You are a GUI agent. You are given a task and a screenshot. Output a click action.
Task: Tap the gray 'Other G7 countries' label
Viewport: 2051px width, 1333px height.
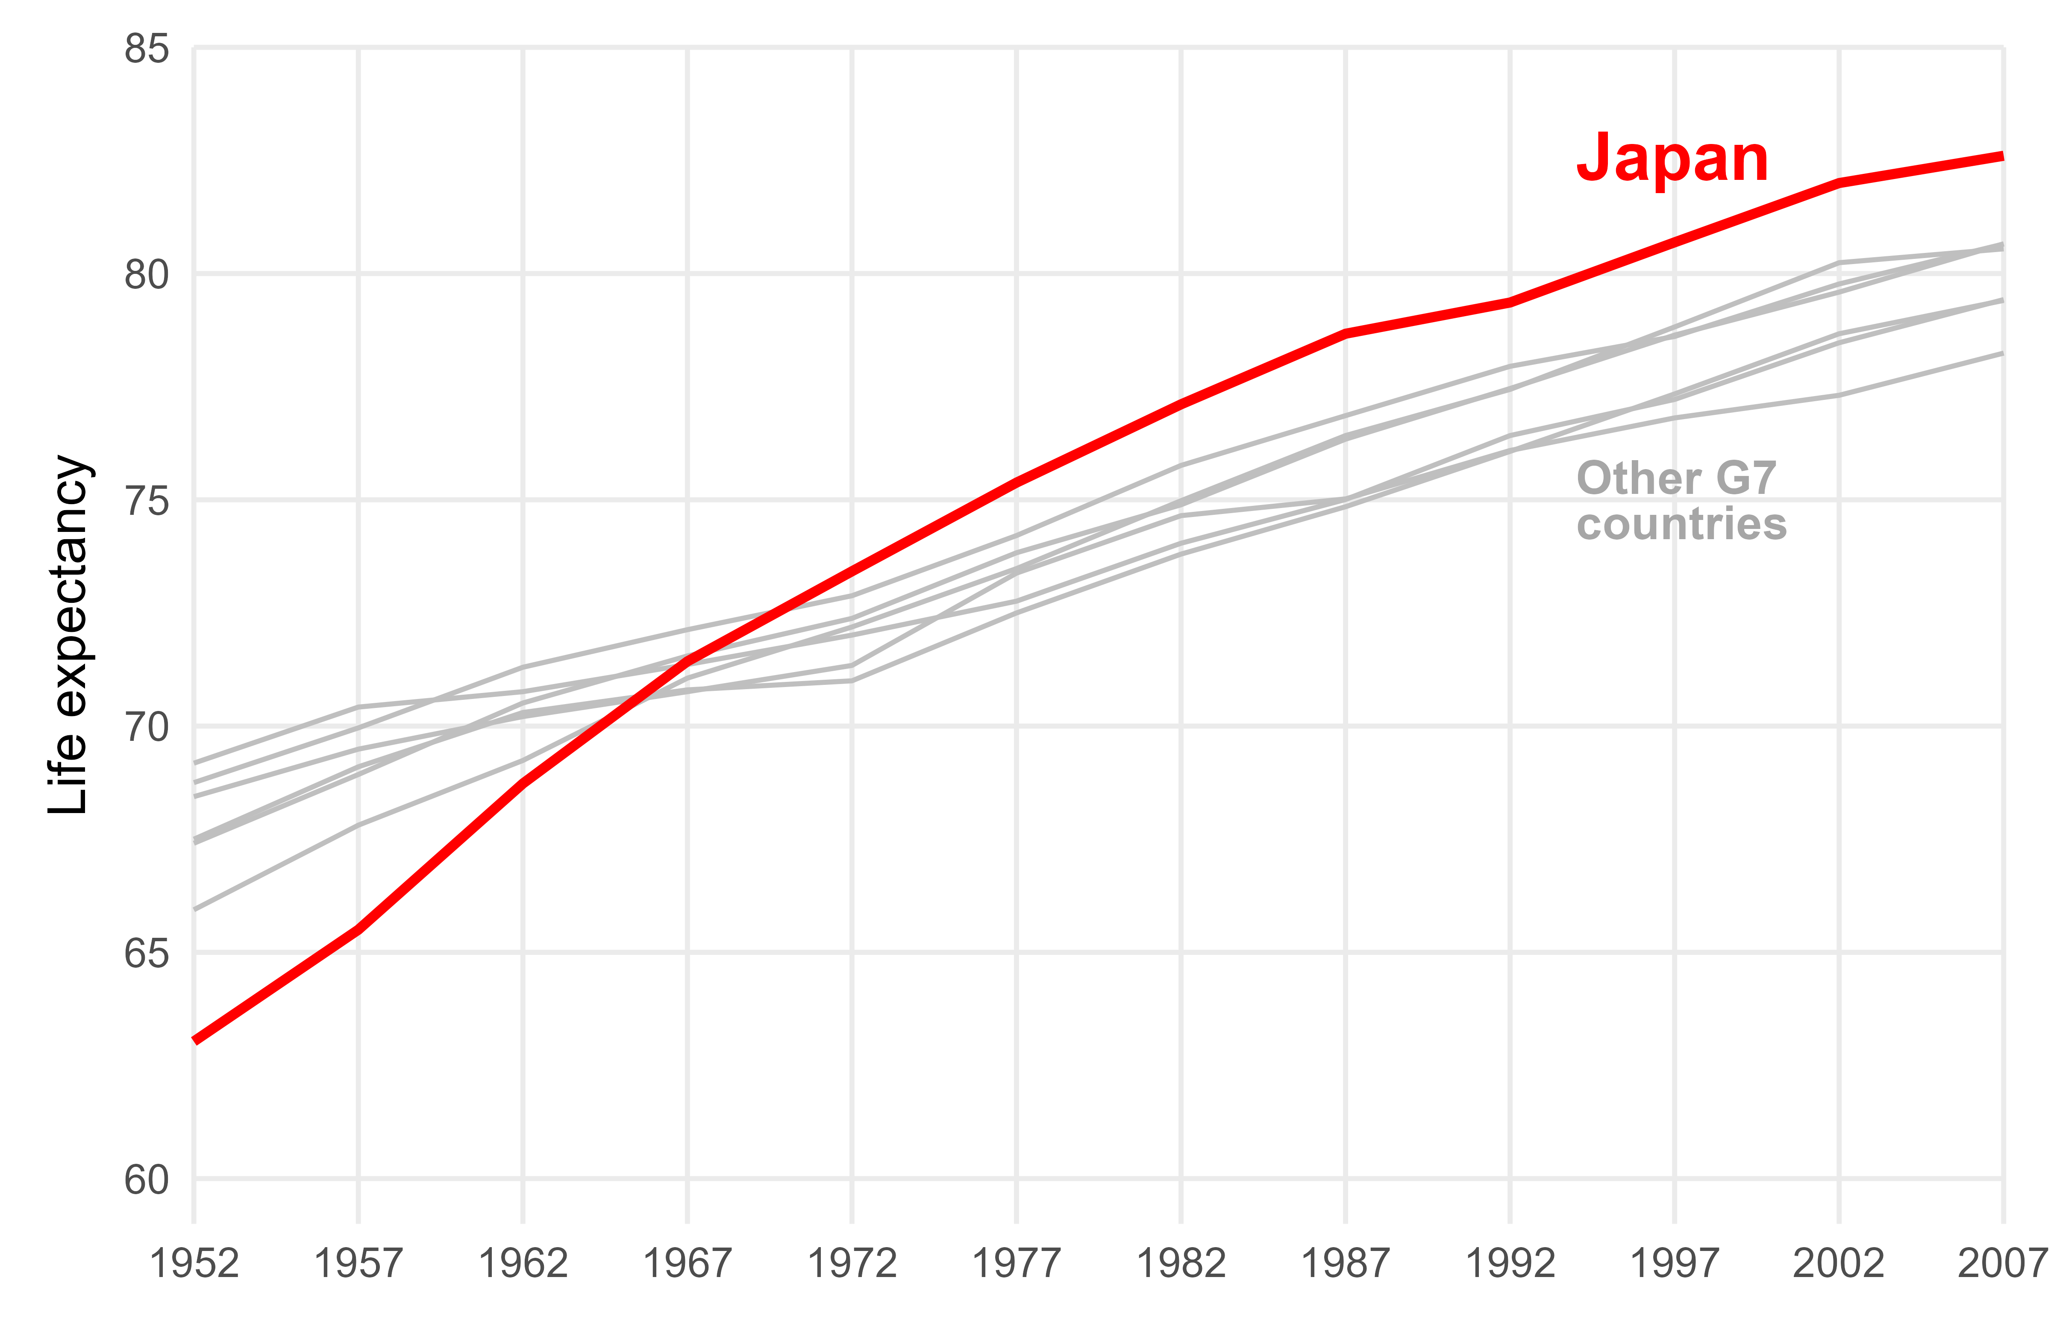1681,501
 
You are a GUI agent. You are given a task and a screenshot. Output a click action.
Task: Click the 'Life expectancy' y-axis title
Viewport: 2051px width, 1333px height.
69,635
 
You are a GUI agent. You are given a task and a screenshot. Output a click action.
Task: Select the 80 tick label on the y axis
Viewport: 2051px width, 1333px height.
147,275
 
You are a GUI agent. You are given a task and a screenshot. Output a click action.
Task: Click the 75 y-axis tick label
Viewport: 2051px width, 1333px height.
147,501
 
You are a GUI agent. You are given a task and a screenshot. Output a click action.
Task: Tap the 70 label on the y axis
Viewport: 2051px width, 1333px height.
147,727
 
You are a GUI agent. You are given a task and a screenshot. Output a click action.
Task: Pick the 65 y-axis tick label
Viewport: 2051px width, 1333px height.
147,953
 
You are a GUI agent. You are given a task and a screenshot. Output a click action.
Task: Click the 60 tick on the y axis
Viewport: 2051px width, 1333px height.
147,1180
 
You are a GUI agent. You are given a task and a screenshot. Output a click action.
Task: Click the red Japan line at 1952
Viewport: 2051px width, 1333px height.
197,1040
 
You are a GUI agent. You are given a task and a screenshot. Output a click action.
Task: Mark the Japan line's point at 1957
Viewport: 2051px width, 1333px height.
358,929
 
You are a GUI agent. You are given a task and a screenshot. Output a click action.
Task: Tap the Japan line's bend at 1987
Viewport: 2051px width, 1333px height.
1345,334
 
